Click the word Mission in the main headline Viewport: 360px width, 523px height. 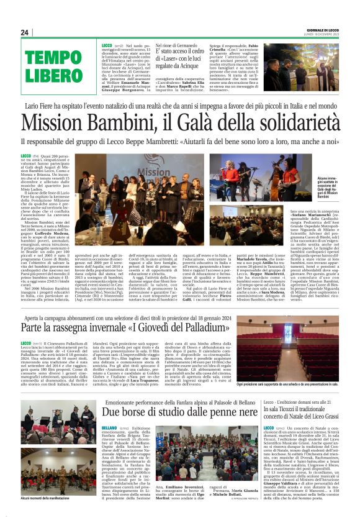[x=65, y=122]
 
